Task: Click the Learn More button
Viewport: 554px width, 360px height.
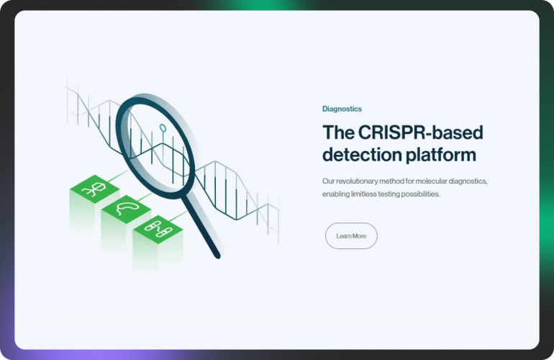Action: tap(351, 236)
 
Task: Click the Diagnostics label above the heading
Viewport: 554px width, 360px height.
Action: tap(342, 109)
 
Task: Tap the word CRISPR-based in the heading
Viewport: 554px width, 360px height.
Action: tap(417, 133)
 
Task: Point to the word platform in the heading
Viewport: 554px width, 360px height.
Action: tap(444, 155)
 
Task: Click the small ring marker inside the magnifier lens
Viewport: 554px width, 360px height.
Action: tap(163, 130)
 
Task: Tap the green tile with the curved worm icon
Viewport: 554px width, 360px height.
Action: tap(125, 209)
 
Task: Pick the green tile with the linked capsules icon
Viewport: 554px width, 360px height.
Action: tap(157, 229)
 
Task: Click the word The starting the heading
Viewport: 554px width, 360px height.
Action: tap(336, 133)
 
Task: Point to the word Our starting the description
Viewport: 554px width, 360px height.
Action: tap(328, 181)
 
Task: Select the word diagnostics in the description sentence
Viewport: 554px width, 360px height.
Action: tap(468, 181)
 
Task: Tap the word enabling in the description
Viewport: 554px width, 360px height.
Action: tap(337, 194)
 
